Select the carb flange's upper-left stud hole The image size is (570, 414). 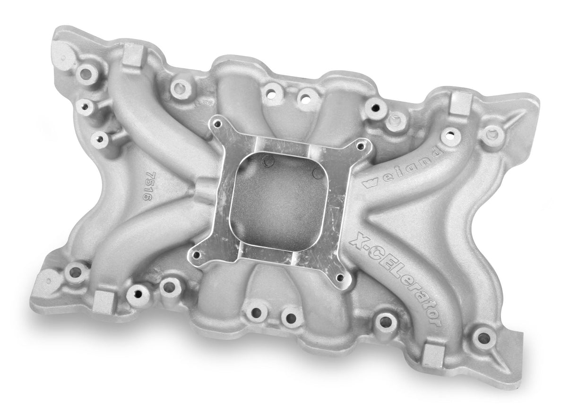(217, 124)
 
